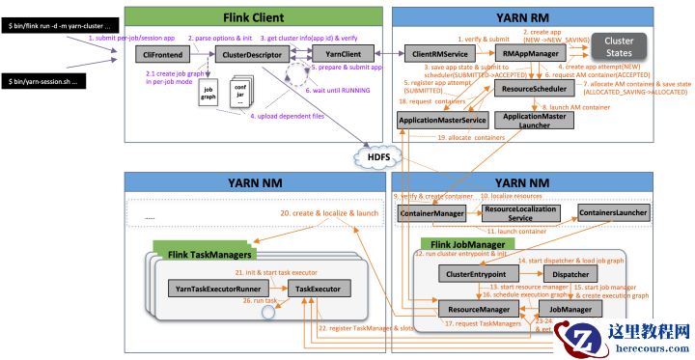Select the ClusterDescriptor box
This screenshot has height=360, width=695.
(x=244, y=56)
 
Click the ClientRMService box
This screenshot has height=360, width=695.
(x=434, y=56)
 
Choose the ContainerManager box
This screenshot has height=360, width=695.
(x=431, y=212)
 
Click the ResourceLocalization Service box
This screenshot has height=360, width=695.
(x=521, y=212)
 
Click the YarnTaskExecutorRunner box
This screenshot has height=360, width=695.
(x=215, y=289)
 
